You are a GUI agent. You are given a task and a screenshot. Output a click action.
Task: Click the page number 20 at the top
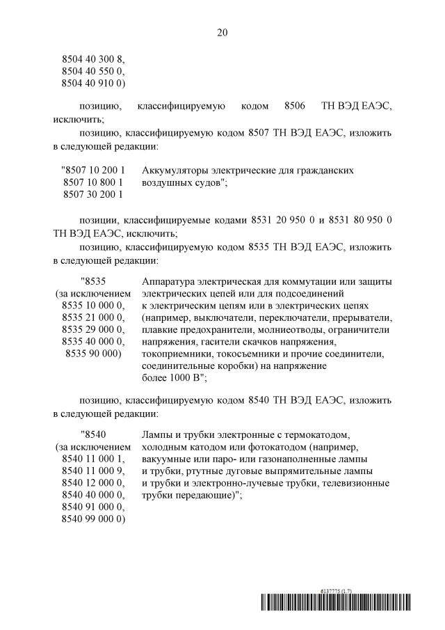[222, 33]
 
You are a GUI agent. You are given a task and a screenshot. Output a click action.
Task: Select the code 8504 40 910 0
[93, 84]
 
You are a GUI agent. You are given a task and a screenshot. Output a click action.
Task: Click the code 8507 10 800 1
[93, 182]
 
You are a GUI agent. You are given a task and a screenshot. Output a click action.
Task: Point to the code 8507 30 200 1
[93, 195]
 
